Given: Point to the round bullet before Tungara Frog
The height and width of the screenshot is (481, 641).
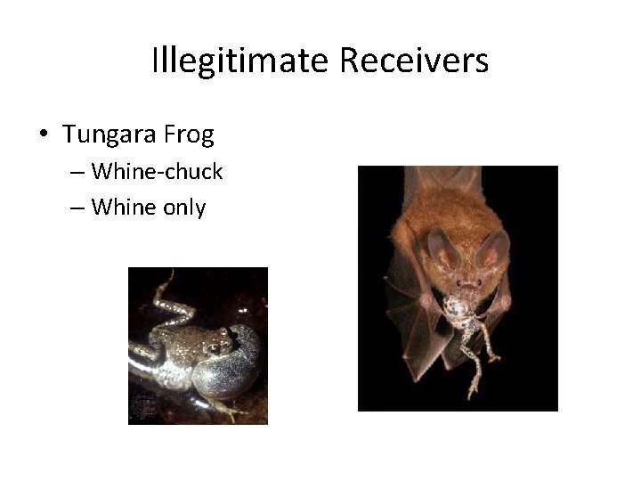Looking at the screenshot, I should (43, 135).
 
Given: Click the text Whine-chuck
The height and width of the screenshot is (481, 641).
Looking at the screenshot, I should (157, 170).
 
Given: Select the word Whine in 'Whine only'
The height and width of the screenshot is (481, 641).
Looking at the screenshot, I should (122, 208).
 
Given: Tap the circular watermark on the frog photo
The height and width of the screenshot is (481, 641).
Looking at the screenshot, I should (143, 405).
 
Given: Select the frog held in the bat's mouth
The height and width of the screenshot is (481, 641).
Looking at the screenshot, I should (461, 316).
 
